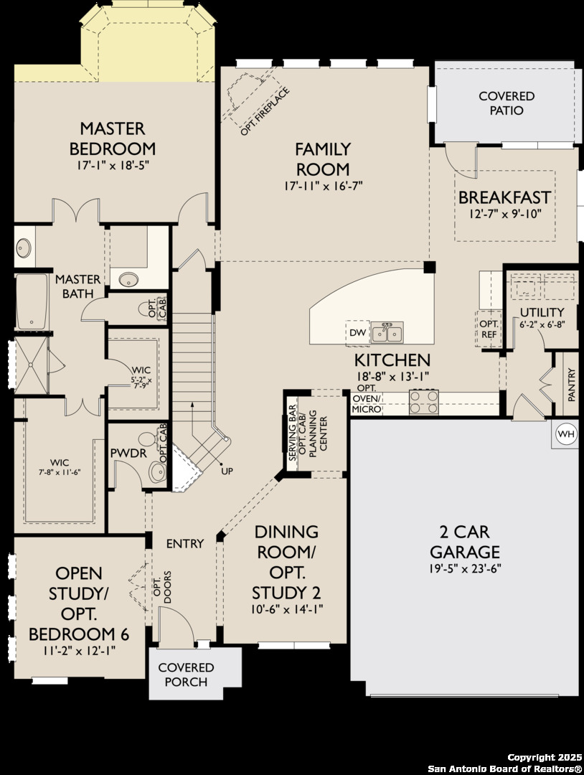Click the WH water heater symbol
566,434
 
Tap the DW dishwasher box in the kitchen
358,333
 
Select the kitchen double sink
387,332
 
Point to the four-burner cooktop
423,401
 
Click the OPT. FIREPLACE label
264,112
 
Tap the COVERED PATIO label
507,103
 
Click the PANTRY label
572,385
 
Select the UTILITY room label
542,312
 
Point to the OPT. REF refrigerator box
489,329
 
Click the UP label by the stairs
227,471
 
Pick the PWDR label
128,453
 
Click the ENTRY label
185,544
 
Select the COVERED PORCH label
186,675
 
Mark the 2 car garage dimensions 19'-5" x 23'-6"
465,568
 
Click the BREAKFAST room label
504,198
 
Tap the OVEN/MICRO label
367,404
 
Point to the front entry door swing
176,624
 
